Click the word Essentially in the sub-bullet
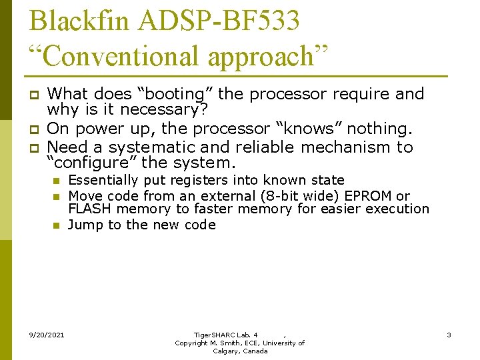pyautogui.click(x=102, y=180)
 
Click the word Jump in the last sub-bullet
pyautogui.click(x=83, y=225)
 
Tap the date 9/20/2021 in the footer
pyautogui.click(x=47, y=335)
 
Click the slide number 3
pyautogui.click(x=449, y=335)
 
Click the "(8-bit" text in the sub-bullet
pyautogui.click(x=273, y=196)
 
